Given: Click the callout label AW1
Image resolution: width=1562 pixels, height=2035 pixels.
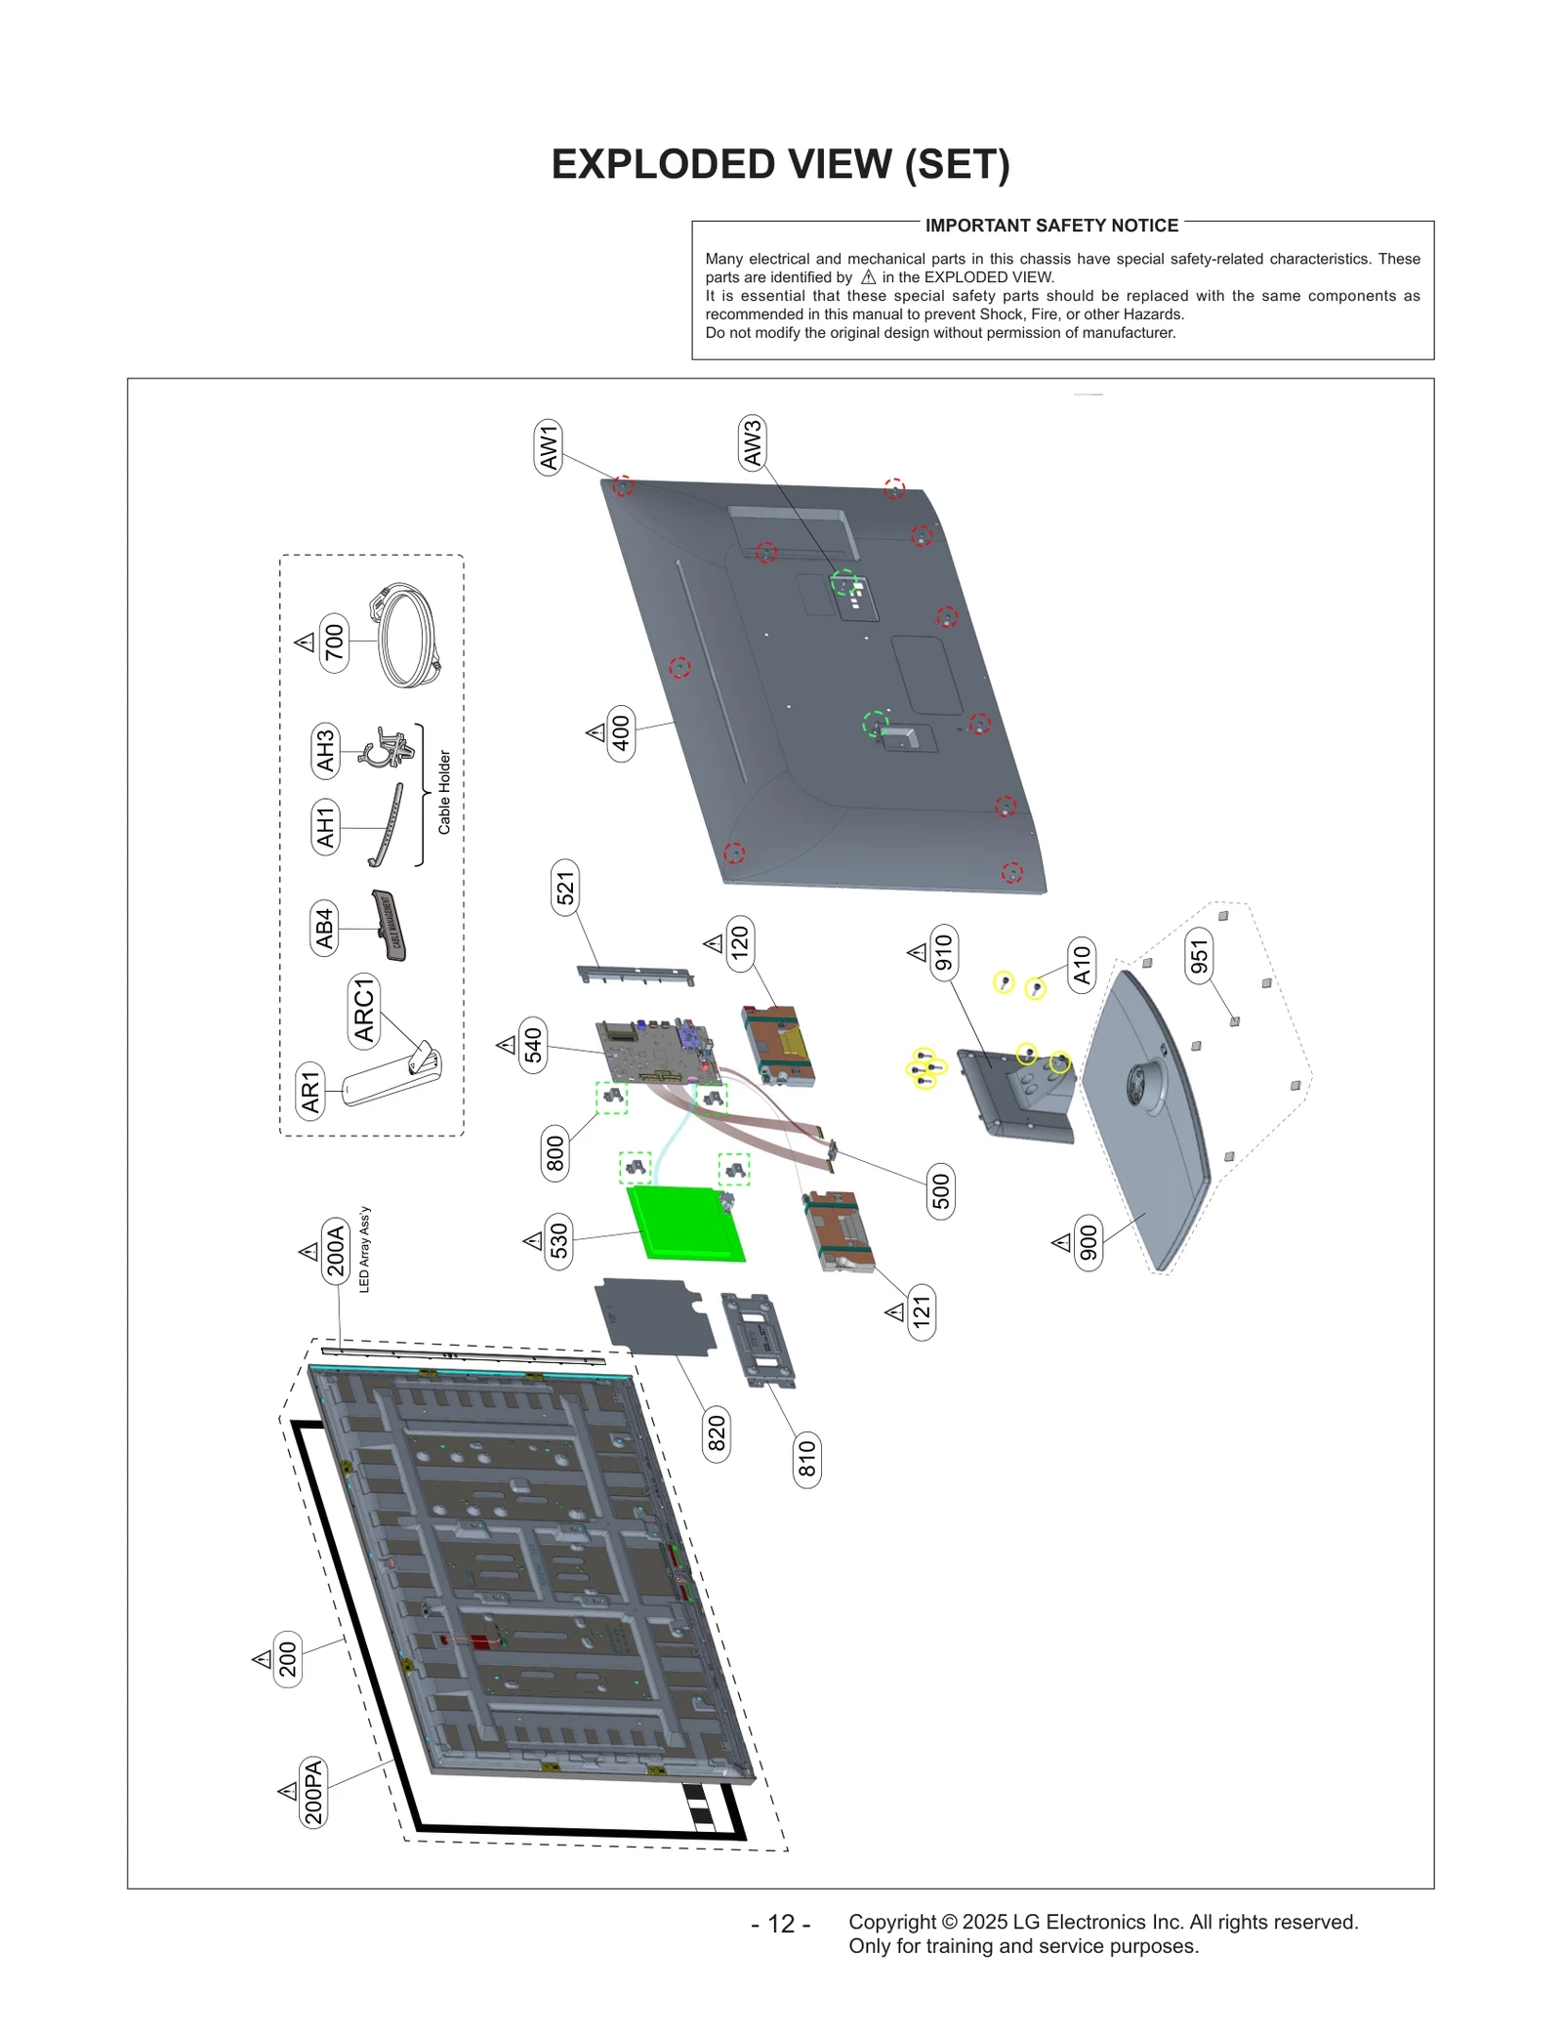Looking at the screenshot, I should [x=549, y=447].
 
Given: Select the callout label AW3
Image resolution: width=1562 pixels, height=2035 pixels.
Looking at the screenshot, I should [x=752, y=442].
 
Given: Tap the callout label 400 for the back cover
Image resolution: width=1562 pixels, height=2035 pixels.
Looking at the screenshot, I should [x=621, y=732].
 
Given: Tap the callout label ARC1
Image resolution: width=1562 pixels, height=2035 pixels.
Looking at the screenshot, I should [x=364, y=1011].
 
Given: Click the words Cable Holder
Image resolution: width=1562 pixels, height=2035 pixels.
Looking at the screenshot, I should [x=444, y=792].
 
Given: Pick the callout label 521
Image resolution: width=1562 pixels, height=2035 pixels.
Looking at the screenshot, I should [x=565, y=888].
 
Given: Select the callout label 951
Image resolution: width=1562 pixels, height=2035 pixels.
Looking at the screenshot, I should [x=1199, y=954].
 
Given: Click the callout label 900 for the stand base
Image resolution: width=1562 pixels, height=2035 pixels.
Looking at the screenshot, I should [x=1089, y=1242].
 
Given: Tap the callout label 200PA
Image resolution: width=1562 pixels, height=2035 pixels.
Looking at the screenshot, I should [x=312, y=1792].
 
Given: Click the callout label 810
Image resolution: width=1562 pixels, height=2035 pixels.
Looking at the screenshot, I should [x=806, y=1460].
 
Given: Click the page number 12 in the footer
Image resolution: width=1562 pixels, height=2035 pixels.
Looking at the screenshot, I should [x=781, y=1923].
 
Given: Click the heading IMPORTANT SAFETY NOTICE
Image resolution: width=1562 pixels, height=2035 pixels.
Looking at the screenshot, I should [x=1051, y=226].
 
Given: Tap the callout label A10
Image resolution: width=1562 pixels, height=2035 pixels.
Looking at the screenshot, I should [x=1082, y=965].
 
